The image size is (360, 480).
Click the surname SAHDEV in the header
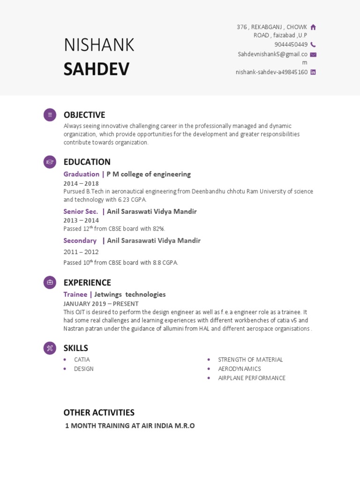click(x=97, y=69)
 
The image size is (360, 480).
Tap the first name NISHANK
click(x=99, y=45)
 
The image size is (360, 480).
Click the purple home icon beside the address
click(x=313, y=27)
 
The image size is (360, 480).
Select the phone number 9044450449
click(x=291, y=45)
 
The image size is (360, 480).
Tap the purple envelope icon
click(x=313, y=54)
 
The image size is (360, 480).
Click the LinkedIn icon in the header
click(x=313, y=72)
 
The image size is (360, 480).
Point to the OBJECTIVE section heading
click(x=84, y=115)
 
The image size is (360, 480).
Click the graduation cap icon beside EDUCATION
click(x=50, y=162)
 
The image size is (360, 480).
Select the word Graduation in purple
click(x=81, y=174)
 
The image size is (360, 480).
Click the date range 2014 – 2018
click(x=81, y=183)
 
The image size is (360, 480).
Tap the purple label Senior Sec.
click(x=81, y=211)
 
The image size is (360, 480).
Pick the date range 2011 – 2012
click(x=81, y=252)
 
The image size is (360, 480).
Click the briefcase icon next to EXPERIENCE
click(x=50, y=283)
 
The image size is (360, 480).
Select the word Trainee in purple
click(x=75, y=294)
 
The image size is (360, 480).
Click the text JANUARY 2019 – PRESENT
click(x=101, y=304)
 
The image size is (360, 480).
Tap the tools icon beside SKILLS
click(x=50, y=348)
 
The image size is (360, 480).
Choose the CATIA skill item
click(x=82, y=360)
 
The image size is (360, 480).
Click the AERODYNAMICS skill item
click(x=239, y=369)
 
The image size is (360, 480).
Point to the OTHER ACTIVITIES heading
click(x=99, y=412)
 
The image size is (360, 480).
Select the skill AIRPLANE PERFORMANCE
click(x=251, y=378)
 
